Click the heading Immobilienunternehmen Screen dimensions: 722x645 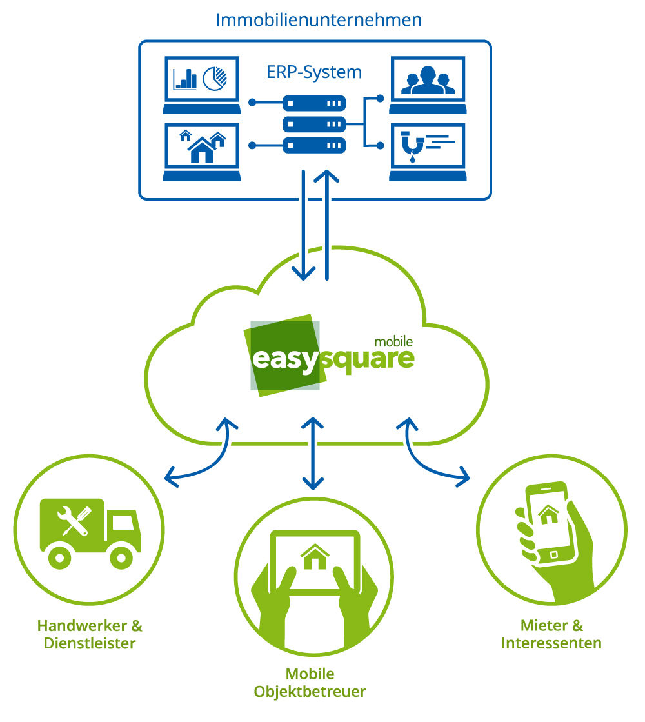click(x=319, y=19)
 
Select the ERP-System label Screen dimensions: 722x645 click(x=313, y=72)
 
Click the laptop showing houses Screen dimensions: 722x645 click(x=202, y=149)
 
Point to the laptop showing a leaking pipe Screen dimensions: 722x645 click(x=428, y=149)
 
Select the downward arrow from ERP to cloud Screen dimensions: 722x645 click(x=303, y=226)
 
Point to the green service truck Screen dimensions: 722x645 click(x=90, y=532)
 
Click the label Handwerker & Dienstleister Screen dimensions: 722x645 click(x=90, y=634)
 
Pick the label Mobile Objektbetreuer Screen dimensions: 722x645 click(x=310, y=683)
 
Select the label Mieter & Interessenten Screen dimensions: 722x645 click(x=551, y=634)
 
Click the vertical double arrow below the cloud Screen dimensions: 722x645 click(x=313, y=453)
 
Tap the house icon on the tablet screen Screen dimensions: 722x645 click(x=314, y=557)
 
